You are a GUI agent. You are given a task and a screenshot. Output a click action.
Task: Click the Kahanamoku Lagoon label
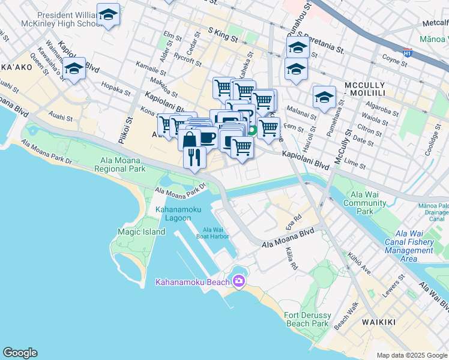tap(173, 214)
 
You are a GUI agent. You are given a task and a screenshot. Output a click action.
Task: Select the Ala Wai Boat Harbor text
tap(212, 233)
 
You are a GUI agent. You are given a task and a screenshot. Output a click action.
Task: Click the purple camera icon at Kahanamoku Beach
tap(239, 281)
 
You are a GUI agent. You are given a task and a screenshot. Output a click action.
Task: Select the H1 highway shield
tap(408, 53)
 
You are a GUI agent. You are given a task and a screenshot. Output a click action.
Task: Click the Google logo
tap(20, 353)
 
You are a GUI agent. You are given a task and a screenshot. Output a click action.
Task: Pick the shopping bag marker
tap(189, 139)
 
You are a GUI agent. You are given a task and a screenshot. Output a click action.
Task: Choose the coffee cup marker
tap(207, 137)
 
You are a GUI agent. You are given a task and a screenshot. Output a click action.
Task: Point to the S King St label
tap(223, 35)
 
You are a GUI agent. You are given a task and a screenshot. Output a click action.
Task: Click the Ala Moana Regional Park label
tap(120, 165)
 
